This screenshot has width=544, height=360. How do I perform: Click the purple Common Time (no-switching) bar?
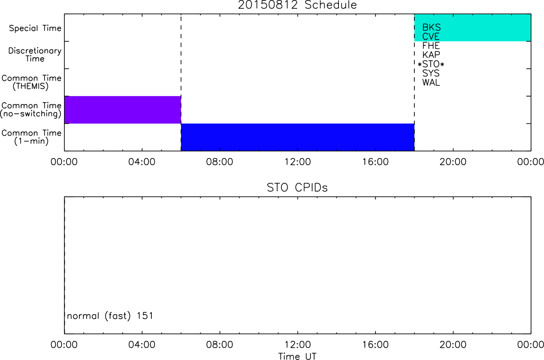click(123, 110)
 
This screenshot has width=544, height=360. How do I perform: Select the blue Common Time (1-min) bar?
click(298, 137)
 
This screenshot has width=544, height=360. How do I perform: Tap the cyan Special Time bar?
click(473, 27)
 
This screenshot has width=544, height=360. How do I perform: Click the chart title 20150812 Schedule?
click(297, 5)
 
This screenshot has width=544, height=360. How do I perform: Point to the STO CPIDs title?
click(297, 188)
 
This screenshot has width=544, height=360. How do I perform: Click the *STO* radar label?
click(431, 64)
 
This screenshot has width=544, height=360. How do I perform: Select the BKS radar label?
click(431, 27)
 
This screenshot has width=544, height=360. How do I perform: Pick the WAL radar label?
click(431, 83)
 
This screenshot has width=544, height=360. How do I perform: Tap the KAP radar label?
click(431, 55)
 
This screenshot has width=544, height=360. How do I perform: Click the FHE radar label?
click(431, 46)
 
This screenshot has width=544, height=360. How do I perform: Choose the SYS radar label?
click(431, 73)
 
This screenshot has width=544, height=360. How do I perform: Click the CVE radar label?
click(431, 36)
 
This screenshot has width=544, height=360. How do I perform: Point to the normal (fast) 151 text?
click(110, 316)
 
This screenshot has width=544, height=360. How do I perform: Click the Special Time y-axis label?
click(35, 28)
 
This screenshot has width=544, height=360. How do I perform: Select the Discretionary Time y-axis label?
click(35, 55)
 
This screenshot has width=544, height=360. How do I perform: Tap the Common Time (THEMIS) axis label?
click(31, 82)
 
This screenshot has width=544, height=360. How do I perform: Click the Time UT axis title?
click(297, 356)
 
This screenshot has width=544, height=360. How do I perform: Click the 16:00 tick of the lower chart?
click(376, 345)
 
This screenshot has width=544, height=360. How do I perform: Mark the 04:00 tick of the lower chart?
click(142, 345)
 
